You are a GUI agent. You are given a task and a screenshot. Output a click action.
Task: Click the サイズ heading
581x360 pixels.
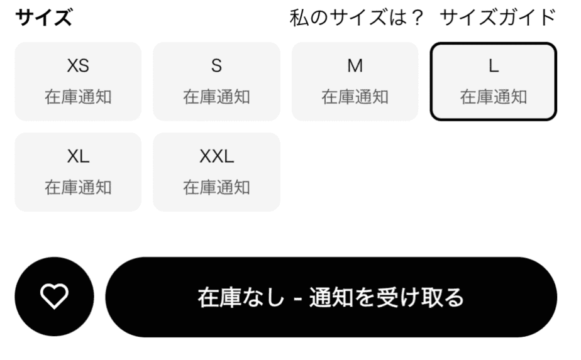pos(44,18)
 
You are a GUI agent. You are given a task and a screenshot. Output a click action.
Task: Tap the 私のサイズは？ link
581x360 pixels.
pos(356,18)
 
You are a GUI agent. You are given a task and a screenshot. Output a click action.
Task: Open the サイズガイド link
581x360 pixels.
pos(497,18)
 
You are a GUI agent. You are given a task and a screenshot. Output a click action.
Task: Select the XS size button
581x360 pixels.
pos(78,82)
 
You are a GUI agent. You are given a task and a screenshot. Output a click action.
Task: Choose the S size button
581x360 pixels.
pos(216,82)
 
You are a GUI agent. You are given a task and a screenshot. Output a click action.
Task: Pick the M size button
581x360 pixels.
pos(355,82)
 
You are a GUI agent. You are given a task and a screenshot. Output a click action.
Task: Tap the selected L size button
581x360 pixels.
pos(493,82)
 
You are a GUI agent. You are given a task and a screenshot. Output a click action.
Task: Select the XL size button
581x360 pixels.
pos(78,172)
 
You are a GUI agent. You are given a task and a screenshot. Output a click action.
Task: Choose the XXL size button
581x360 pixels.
pos(216,172)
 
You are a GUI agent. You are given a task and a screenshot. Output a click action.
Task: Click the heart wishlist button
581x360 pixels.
pos(55,297)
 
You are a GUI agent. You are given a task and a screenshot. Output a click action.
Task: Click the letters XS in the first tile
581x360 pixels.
pos(78,66)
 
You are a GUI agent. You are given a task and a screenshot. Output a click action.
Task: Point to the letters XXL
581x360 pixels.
pos(217,156)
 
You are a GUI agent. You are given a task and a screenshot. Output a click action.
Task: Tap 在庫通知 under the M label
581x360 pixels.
pos(355,97)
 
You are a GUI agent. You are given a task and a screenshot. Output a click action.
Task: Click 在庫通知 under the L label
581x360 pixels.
pos(493,97)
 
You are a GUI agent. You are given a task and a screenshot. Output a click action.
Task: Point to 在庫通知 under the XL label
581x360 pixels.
pos(78,187)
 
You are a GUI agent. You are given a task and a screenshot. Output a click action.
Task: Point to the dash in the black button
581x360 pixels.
pos(297,298)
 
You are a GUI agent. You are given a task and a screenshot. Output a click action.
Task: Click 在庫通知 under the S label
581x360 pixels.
pos(216,97)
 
